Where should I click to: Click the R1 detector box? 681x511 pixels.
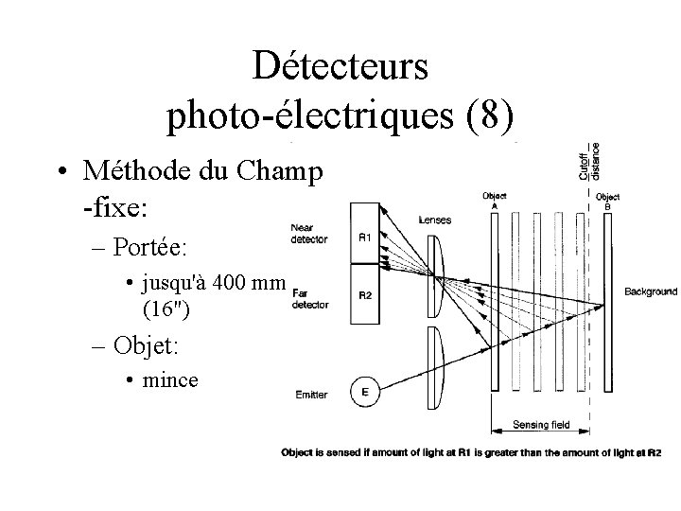(x=364, y=237)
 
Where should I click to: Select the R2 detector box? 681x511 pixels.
(x=364, y=294)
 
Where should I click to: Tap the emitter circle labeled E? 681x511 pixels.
(x=364, y=390)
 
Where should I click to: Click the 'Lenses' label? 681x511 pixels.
(x=434, y=220)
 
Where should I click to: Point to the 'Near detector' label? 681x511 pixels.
(x=307, y=233)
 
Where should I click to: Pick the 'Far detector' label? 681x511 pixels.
(x=309, y=299)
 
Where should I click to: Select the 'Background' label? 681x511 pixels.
(x=650, y=291)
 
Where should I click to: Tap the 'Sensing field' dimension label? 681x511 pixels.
(x=542, y=425)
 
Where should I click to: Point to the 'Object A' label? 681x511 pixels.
(x=495, y=200)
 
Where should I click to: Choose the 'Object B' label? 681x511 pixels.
(x=608, y=201)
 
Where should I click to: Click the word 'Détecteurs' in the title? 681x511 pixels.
(x=341, y=67)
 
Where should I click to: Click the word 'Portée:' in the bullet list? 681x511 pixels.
(x=151, y=248)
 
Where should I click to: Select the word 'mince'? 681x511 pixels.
(x=169, y=379)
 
